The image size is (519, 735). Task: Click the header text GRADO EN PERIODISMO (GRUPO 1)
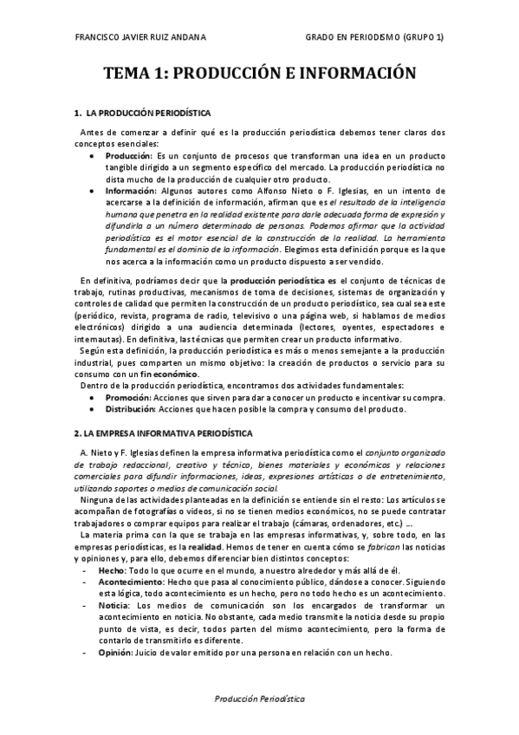pos(375,37)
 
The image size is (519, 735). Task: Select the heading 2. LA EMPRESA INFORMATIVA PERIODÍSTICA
pos(163,431)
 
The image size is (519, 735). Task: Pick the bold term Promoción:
pos(129,397)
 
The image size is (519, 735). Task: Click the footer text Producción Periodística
pos(258,699)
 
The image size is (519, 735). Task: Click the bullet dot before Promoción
pos(93,397)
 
